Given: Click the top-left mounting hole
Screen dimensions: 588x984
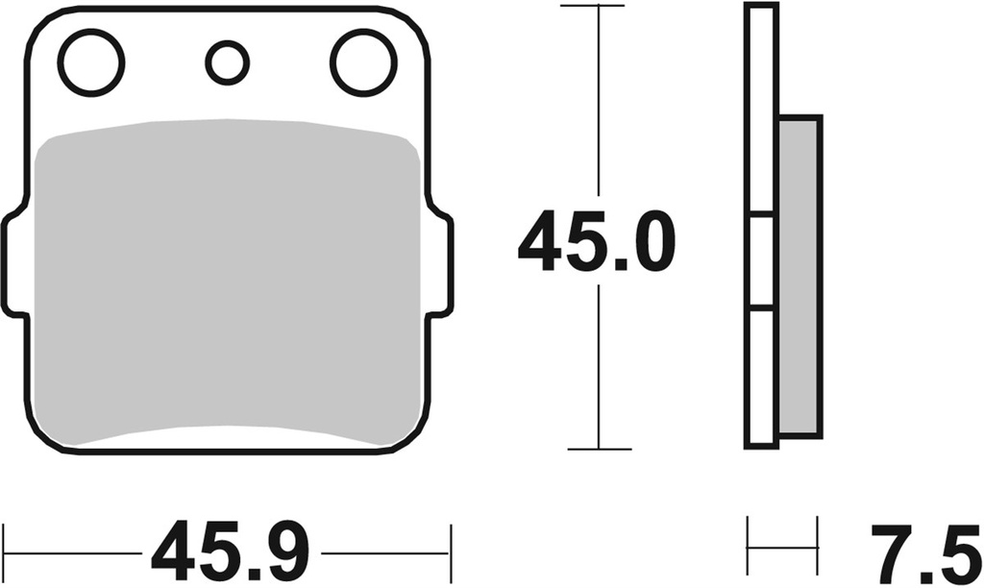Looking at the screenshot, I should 91,63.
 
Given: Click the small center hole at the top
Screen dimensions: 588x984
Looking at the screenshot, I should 227,62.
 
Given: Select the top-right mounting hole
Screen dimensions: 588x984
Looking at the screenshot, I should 363,63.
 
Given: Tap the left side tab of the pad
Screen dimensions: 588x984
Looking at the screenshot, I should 13,264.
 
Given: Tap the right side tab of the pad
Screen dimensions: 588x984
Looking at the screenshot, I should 440,264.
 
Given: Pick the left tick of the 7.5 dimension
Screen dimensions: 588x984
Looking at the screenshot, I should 749,546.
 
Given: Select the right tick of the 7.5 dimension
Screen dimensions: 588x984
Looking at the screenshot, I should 817,546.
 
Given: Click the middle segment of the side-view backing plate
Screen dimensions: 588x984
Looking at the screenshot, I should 761,261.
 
